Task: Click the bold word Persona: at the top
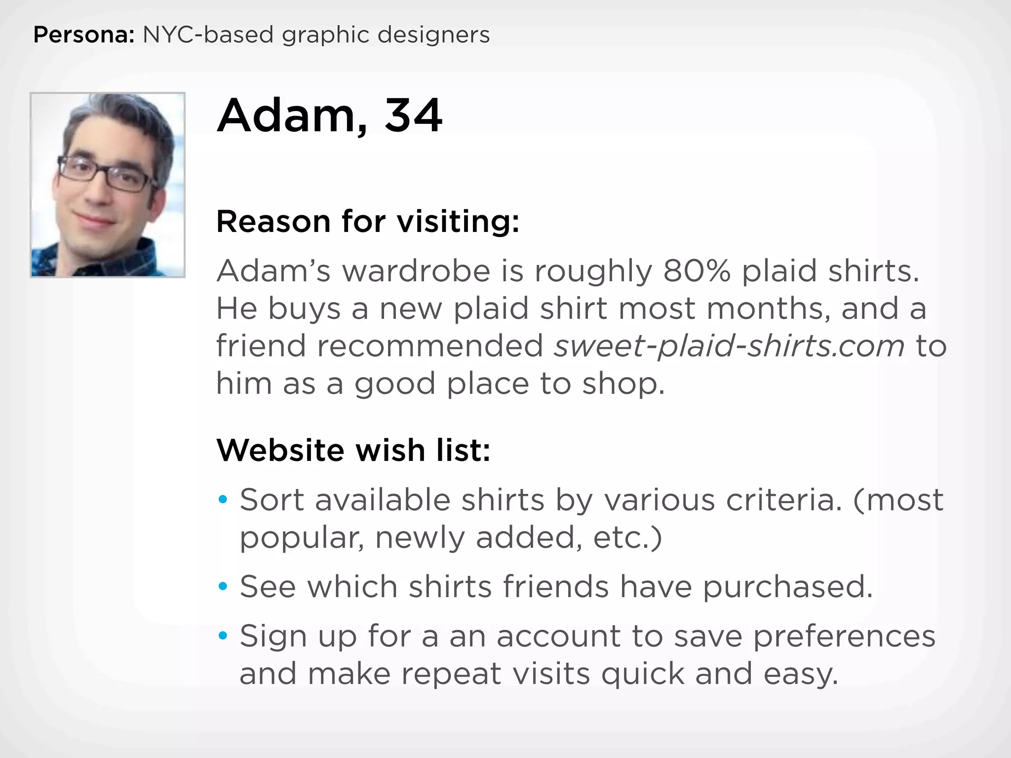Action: point(83,35)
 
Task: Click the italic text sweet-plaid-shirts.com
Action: point(729,345)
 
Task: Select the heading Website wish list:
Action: point(353,450)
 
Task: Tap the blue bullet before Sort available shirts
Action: point(223,500)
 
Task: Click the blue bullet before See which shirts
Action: point(223,587)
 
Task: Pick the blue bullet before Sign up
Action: point(223,636)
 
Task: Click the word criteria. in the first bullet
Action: point(784,500)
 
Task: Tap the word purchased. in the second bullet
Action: point(788,587)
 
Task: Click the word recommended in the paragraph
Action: point(430,345)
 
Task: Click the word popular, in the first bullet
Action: point(302,537)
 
